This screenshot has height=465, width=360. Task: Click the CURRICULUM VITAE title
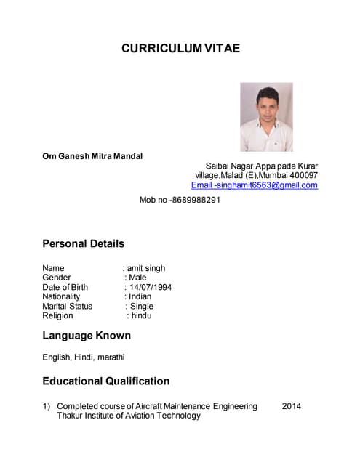tap(180, 49)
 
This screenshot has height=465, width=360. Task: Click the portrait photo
tap(266, 116)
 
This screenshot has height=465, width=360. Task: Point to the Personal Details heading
tap(83, 243)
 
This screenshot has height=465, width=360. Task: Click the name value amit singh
tap(146, 268)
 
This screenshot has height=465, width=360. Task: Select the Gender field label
tap(57, 278)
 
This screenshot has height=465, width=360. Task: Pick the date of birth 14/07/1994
tap(151, 287)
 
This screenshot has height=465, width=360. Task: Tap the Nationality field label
tap(61, 296)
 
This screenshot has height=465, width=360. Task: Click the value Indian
tap(140, 296)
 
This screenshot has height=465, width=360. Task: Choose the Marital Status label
tap(67, 306)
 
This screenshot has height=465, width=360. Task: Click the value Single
tap(142, 306)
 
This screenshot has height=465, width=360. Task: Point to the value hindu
tap(142, 315)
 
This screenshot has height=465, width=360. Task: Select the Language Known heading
tap(87, 336)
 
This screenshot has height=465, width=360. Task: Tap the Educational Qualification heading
tap(105, 381)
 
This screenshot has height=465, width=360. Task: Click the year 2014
tap(291, 406)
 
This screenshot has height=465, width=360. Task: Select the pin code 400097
tap(303, 175)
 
